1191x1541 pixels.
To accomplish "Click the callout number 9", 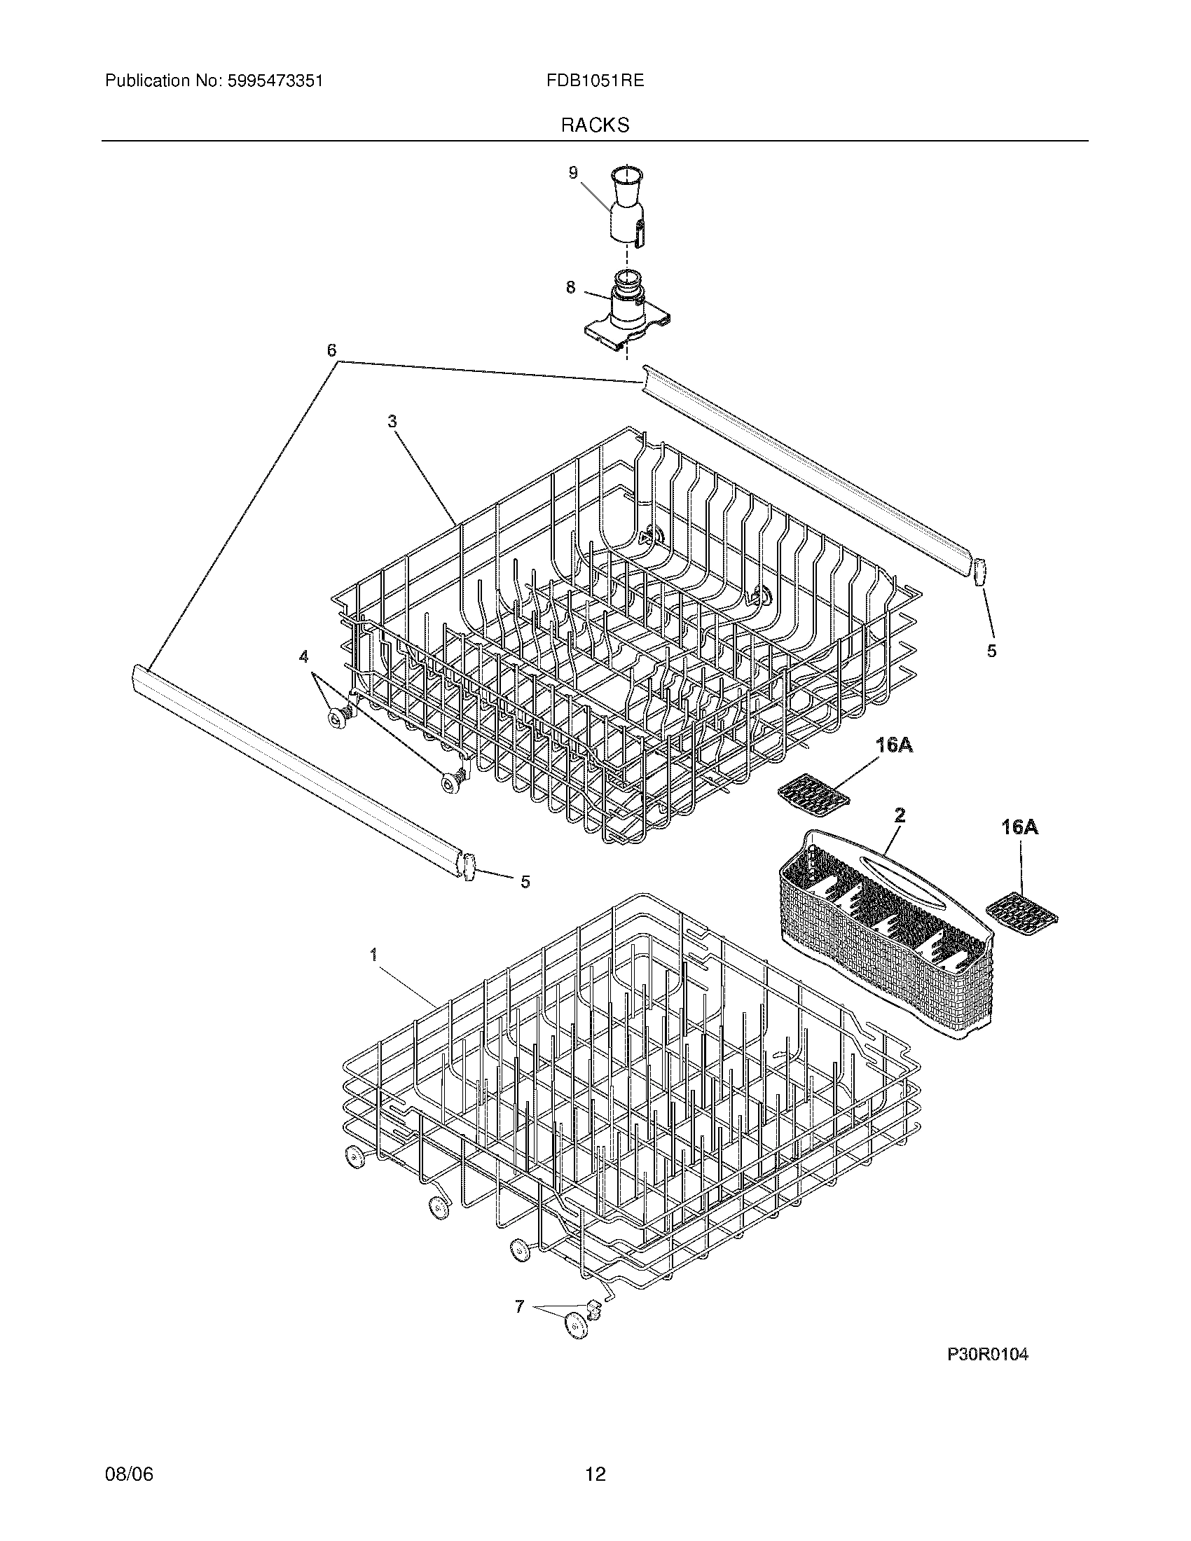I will pyautogui.click(x=573, y=172).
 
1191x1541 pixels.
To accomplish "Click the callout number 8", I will pyautogui.click(x=570, y=287).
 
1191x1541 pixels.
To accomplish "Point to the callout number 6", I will pyautogui.click(x=331, y=350).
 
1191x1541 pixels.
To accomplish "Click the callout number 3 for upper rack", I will pyautogui.click(x=392, y=421).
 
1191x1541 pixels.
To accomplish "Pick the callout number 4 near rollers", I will pyautogui.click(x=303, y=656).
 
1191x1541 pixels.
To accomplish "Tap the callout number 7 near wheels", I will pyautogui.click(x=519, y=1307).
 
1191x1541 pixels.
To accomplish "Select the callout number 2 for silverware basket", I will pyautogui.click(x=900, y=815).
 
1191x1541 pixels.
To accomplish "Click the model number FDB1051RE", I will pyautogui.click(x=594, y=81).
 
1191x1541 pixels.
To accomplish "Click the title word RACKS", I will pyautogui.click(x=595, y=125).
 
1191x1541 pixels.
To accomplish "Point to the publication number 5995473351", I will pyautogui.click(x=275, y=81).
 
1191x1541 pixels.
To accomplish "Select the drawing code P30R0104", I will pyautogui.click(x=987, y=1354).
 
